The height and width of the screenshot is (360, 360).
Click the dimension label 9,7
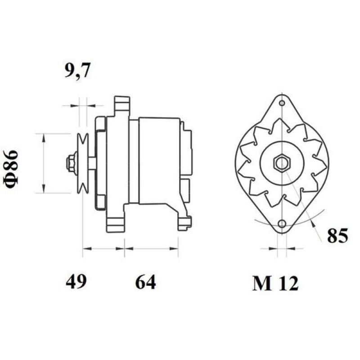pos(78,71)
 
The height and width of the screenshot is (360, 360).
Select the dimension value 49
pos(76,282)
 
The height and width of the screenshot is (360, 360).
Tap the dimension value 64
pos(145,282)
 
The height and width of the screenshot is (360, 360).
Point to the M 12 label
pos(275,283)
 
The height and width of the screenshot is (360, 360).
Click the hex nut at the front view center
pos(282,163)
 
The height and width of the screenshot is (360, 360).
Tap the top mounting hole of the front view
pos(282,103)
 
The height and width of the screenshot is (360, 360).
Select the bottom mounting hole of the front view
pos(282,224)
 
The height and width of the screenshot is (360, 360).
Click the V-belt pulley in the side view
pos(83,163)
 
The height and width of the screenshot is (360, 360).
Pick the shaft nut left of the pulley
pos(71,163)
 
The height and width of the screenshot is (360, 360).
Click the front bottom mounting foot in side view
pos(116,223)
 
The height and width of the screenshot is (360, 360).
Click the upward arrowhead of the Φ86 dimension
pos(43,137)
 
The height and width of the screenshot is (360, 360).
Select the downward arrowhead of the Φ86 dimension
pos(43,189)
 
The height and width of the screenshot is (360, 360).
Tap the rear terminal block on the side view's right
pos(186,153)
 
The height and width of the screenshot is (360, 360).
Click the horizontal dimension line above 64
pos(151,248)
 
